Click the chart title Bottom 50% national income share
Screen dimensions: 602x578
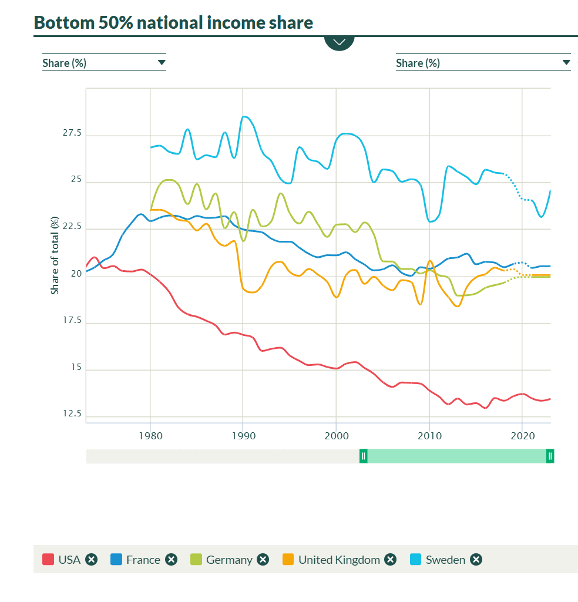coord(173,23)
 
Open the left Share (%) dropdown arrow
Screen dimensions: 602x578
coord(162,63)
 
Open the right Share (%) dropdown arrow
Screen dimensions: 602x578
coord(566,63)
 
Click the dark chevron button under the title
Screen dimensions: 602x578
coord(339,42)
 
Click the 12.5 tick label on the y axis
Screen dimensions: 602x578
coord(72,413)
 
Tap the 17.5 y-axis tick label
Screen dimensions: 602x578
coord(72,321)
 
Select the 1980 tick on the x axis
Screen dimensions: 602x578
coord(150,436)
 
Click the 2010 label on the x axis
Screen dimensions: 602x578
coord(429,436)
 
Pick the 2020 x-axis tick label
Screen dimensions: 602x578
coord(522,436)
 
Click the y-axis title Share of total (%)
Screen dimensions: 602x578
coord(55,255)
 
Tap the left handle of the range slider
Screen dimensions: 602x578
coord(364,456)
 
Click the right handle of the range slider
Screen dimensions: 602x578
coord(550,456)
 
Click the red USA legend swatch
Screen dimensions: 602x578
coord(48,560)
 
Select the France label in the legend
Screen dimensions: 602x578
coord(143,560)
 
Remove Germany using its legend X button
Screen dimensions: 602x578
coord(263,560)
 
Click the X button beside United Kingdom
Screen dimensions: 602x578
coord(390,560)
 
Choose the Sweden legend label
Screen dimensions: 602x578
coord(445,560)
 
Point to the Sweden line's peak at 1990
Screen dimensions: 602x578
coord(244,116)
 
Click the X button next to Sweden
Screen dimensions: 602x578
coord(476,560)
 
